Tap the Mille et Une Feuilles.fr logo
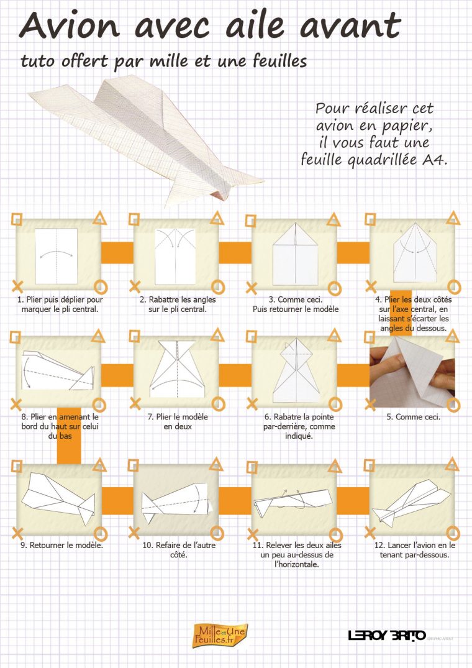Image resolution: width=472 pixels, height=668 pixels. coord(220,635)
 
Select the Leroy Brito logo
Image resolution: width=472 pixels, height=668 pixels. coord(388,636)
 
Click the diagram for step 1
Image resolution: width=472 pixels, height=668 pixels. coord(56,256)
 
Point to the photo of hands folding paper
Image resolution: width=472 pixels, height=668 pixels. coord(412,372)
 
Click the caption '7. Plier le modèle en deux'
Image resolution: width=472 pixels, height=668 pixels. coord(178,421)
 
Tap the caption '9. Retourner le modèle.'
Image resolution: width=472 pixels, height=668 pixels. coord(61,545)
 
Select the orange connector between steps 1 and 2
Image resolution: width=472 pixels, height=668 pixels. coord(117,252)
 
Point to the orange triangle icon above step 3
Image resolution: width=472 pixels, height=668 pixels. coord(334,219)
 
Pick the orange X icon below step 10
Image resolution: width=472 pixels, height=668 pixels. coord(134,533)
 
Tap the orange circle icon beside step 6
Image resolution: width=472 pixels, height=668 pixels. coord(335,405)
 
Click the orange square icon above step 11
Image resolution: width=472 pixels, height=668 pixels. coord(252,467)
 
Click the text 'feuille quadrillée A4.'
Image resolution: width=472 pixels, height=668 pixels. coord(374,159)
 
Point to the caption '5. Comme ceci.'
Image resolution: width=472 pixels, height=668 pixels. coord(413,417)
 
